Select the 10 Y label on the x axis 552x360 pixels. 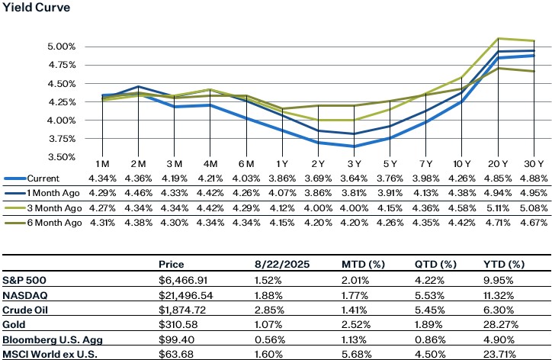point(460,164)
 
